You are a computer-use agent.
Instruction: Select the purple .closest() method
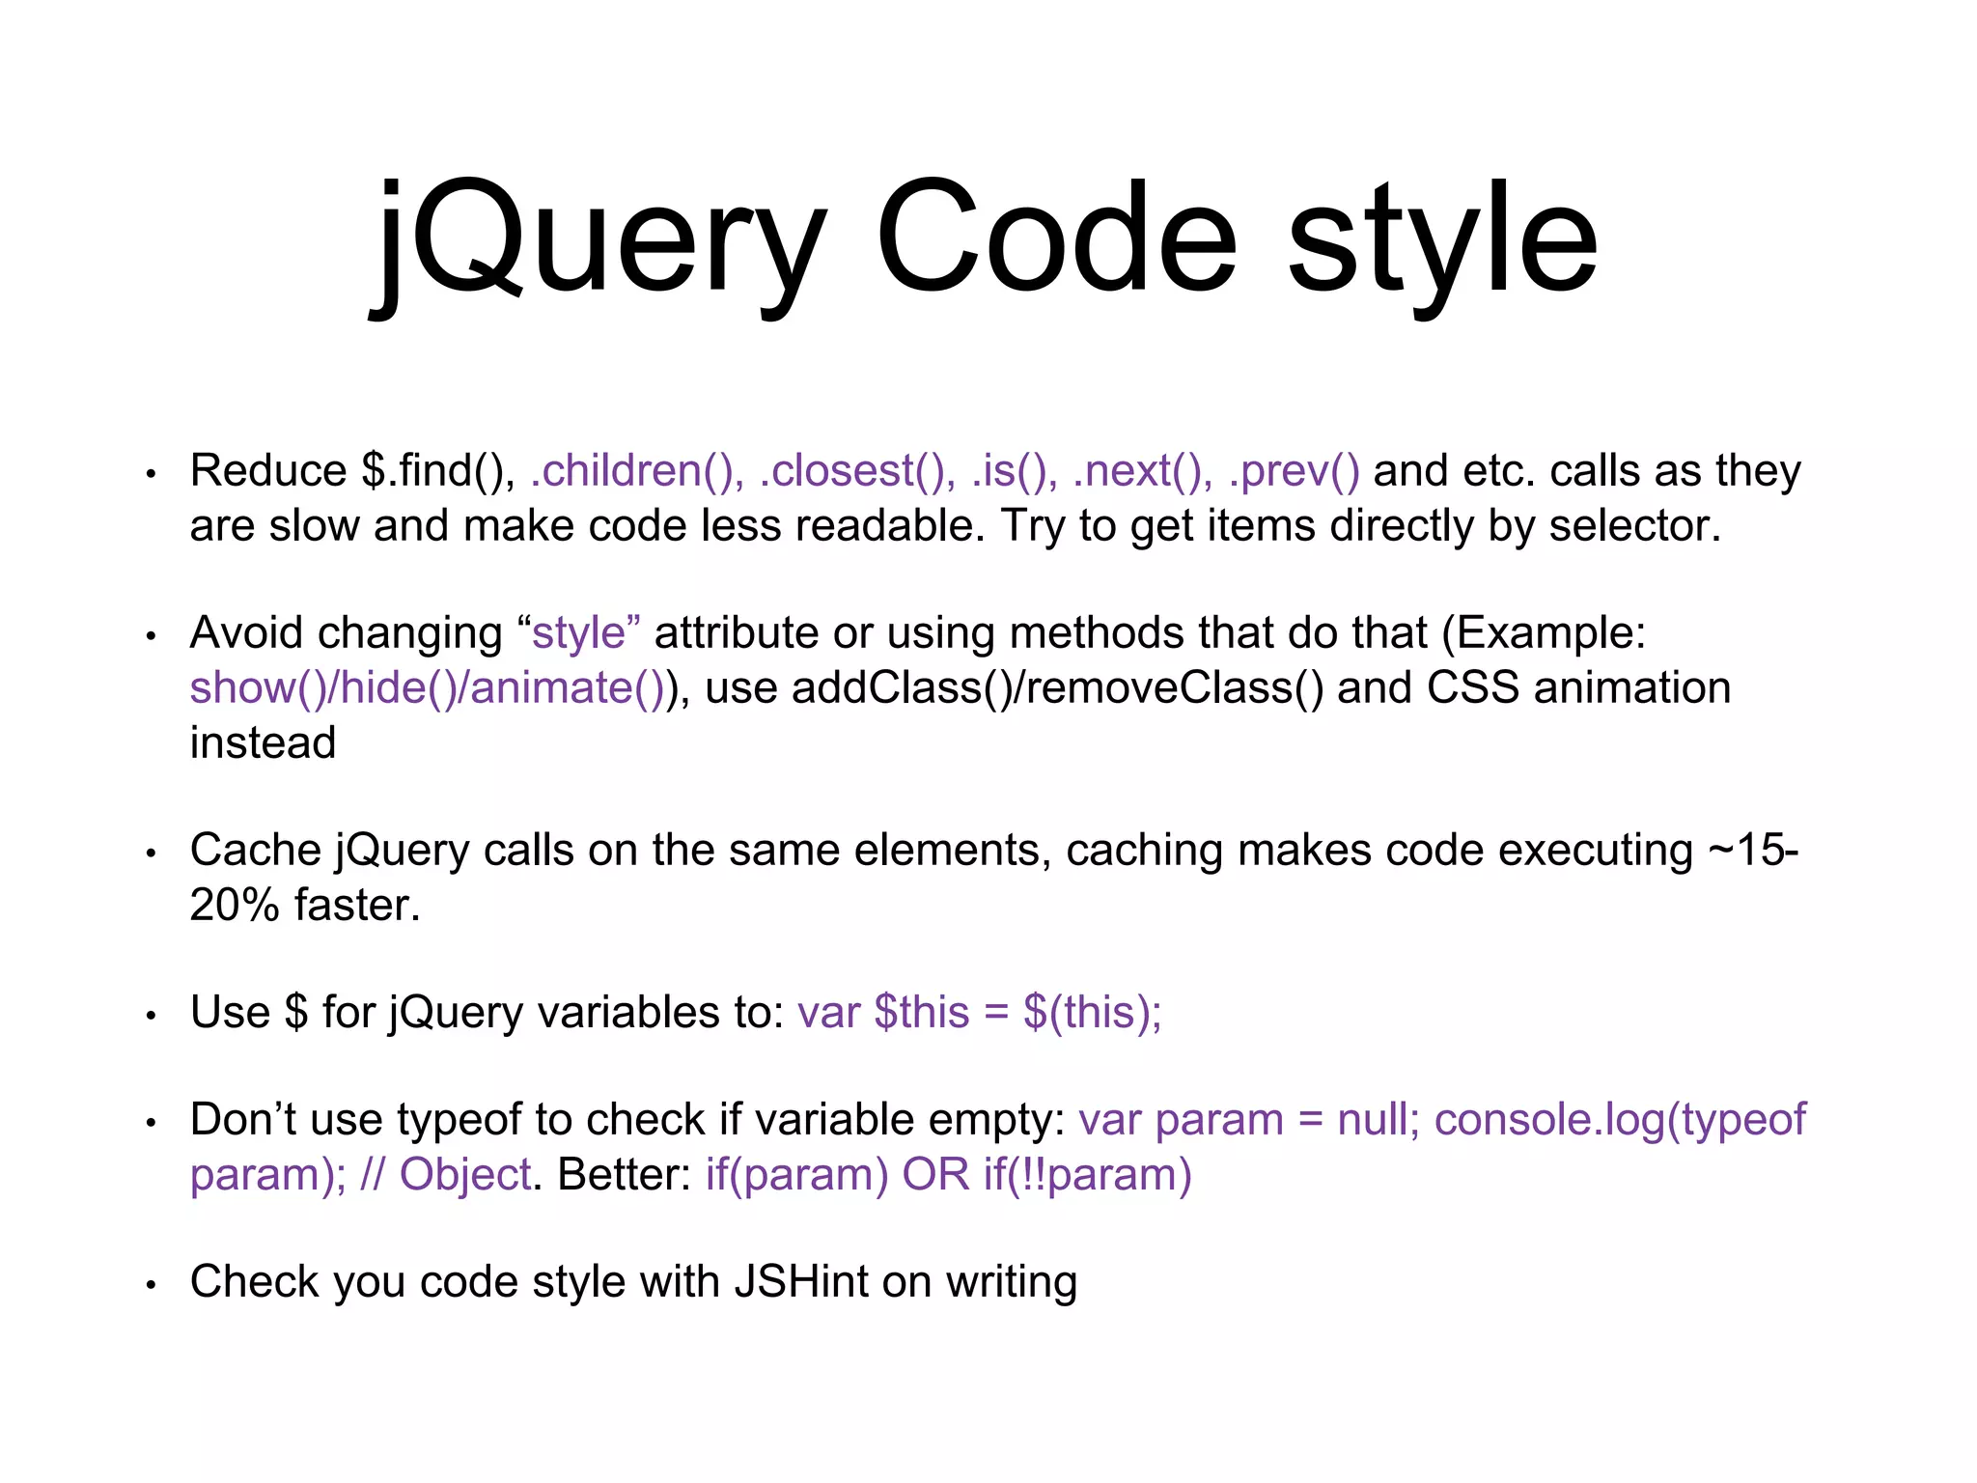coord(857,471)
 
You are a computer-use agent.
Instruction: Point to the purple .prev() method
coord(1294,471)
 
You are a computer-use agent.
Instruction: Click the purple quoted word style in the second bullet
coord(579,633)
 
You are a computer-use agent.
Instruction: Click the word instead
coord(263,743)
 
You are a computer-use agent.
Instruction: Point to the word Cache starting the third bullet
coord(255,851)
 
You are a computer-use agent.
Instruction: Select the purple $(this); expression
coord(1092,1013)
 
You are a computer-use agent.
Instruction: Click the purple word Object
coord(464,1175)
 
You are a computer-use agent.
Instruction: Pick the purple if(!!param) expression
coord(1087,1175)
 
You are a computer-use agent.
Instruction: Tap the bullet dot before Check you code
coord(151,1285)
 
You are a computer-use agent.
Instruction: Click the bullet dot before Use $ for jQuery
coord(151,1016)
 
